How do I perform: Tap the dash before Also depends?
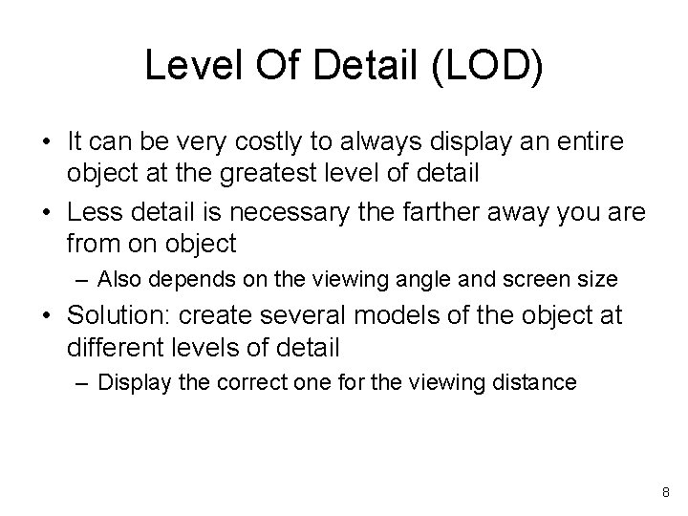click(80, 280)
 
